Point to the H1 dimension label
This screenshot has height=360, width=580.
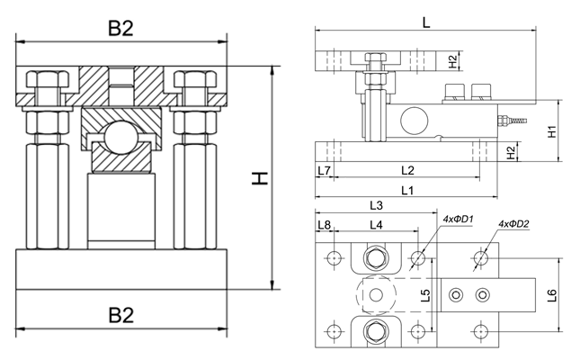(x=554, y=130)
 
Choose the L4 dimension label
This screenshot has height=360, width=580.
(x=376, y=224)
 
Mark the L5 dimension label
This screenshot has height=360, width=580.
(x=426, y=293)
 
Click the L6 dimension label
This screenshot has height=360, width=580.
(x=552, y=293)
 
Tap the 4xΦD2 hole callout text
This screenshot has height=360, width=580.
(x=513, y=224)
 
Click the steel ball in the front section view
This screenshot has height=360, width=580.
(x=120, y=141)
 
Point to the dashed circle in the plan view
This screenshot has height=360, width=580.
(x=376, y=294)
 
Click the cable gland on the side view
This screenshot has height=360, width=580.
(x=508, y=118)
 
